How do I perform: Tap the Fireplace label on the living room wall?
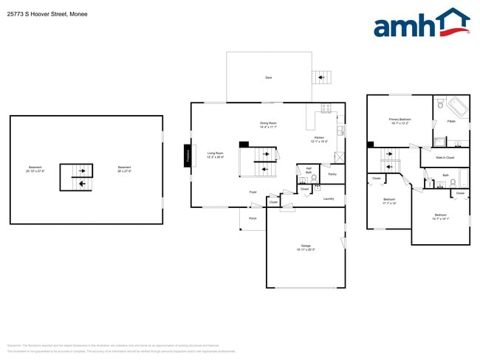[x=188, y=156]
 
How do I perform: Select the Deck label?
[x=268, y=77]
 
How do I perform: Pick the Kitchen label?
[x=319, y=139]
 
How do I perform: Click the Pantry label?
[x=332, y=175]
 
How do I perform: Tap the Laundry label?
[x=329, y=198]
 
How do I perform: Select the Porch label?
[x=253, y=218]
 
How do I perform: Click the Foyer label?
[x=253, y=192]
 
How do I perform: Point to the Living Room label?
[x=215, y=155]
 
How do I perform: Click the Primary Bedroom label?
[x=400, y=120]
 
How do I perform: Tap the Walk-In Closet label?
[x=445, y=158]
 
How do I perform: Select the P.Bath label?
[x=450, y=122]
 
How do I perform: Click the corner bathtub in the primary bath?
[x=456, y=108]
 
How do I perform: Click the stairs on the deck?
[x=320, y=77]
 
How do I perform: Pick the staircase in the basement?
[x=77, y=177]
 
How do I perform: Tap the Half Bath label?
[x=308, y=170]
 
